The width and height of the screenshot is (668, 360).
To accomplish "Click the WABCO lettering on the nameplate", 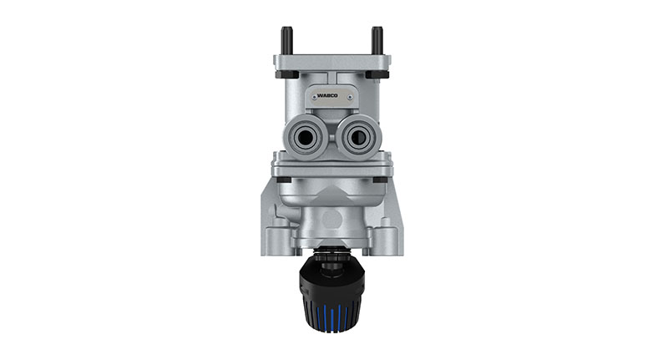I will (332, 97).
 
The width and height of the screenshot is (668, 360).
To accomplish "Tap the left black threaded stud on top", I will (286, 40).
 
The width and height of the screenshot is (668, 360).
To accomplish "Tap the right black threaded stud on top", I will (377, 40).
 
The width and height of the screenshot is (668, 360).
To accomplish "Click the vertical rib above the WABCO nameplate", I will (331, 79).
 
